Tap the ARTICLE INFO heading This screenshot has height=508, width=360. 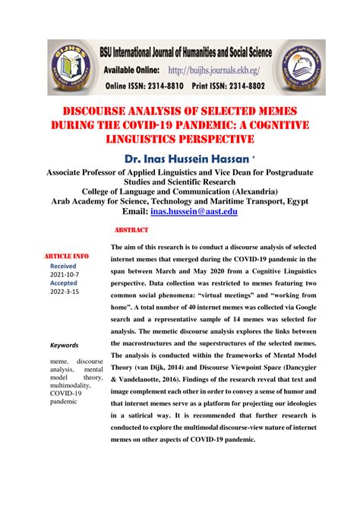coord(67,257)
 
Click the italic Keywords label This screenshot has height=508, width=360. coord(65,344)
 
